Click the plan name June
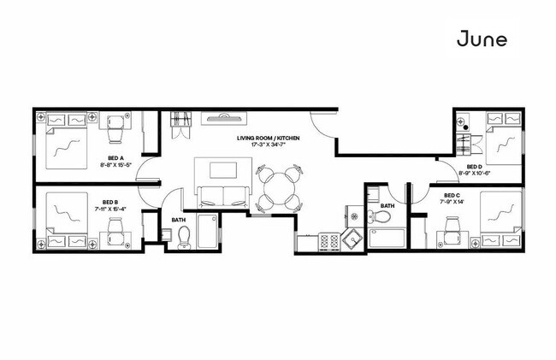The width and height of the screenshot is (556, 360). (482, 38)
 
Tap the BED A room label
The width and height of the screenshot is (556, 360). (116, 157)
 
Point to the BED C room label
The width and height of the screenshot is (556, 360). (453, 196)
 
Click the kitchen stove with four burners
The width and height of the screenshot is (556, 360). (329, 242)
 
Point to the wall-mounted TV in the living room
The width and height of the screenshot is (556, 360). (224, 117)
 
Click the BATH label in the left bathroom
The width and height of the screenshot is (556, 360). (178, 220)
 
